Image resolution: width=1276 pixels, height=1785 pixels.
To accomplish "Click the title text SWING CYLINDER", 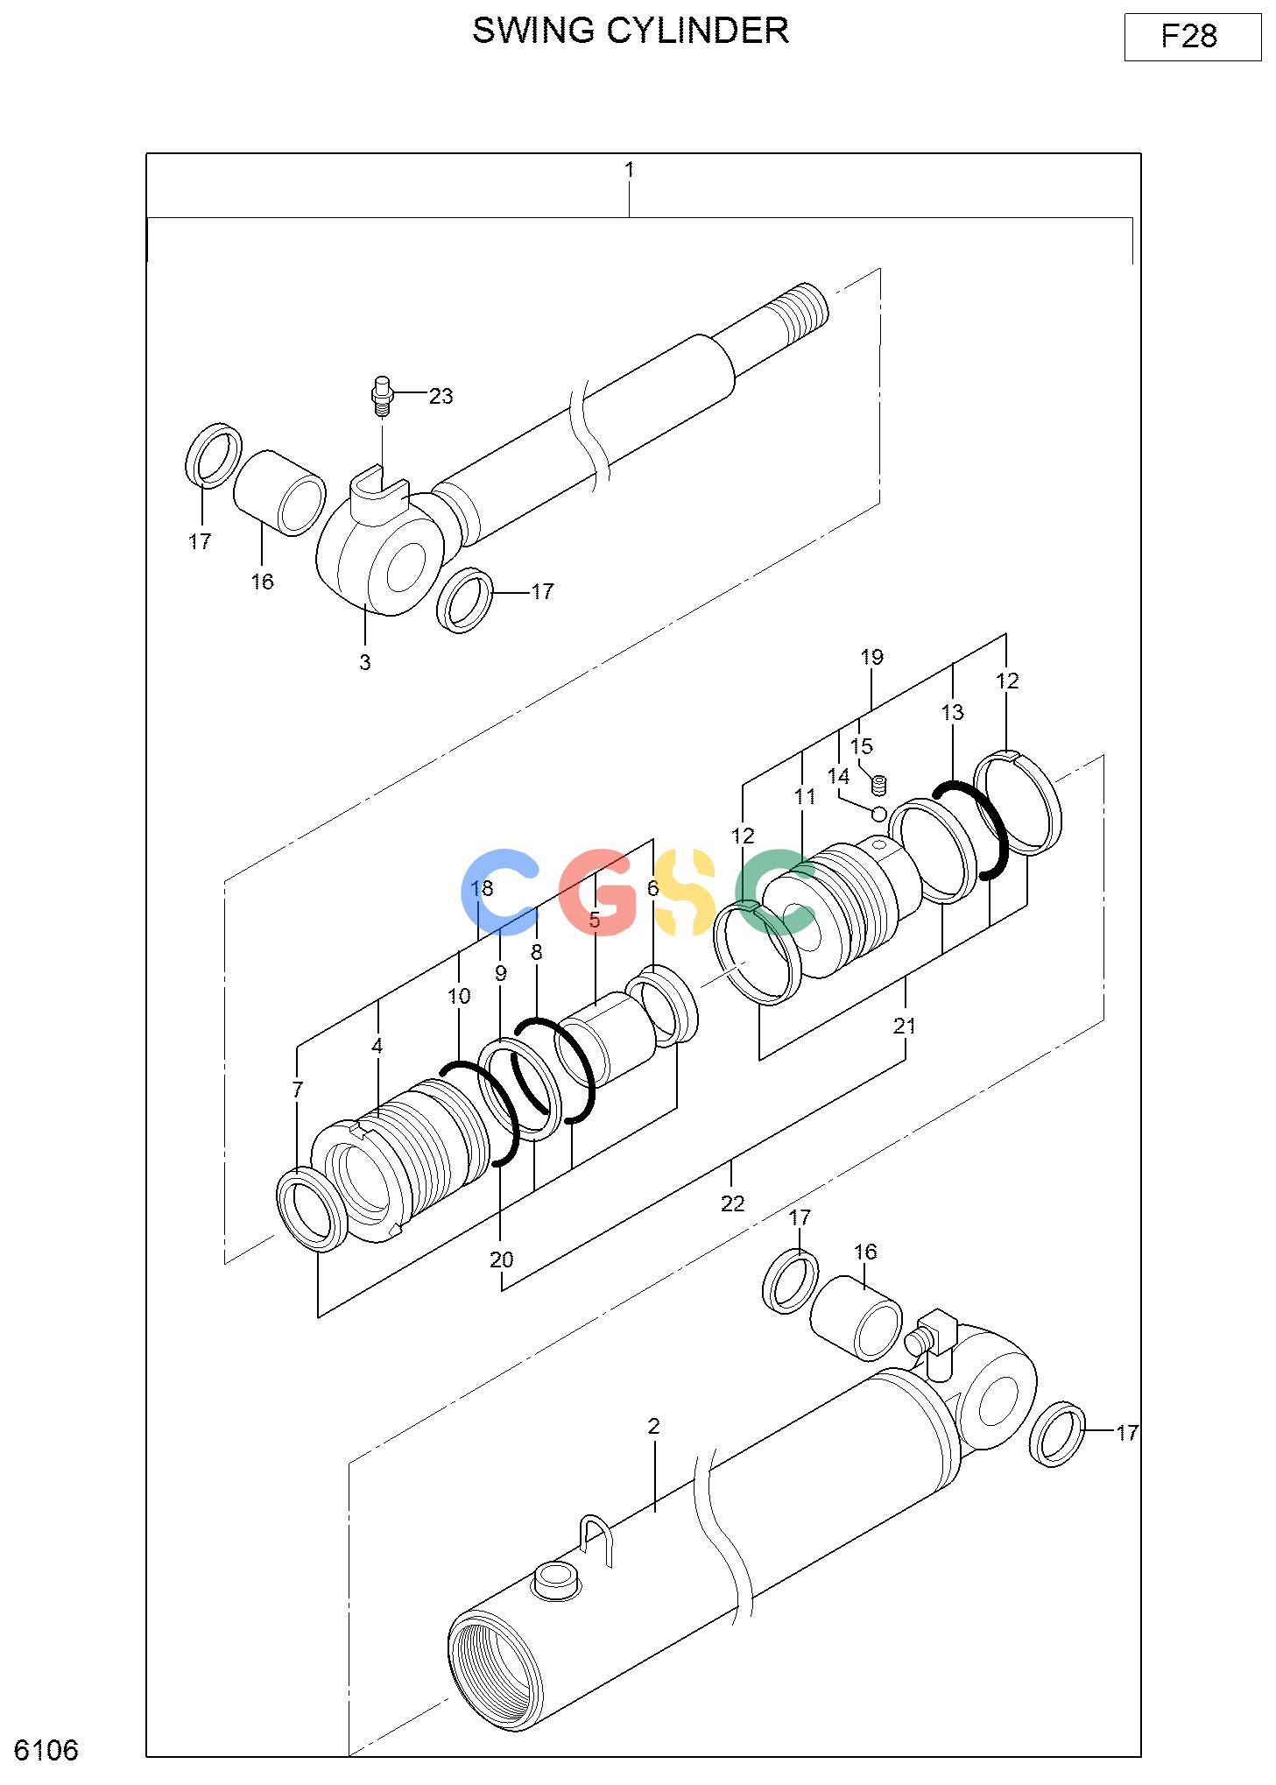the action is point(630,31).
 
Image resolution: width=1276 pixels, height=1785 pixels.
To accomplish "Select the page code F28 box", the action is point(1192,37).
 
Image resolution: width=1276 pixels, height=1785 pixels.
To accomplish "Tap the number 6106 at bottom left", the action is point(46,1750).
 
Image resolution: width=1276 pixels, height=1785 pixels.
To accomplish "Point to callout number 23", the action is point(441,396).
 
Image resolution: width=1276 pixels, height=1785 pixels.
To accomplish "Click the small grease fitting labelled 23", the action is point(381,398).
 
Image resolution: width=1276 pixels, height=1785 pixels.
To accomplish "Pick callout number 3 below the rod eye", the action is point(365,662).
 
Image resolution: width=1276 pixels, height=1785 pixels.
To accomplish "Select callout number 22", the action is point(732,1203).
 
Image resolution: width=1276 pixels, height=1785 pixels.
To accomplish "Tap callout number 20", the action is point(501,1259).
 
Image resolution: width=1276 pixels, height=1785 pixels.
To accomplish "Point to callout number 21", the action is point(905,1025).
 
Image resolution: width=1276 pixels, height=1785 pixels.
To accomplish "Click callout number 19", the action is point(871,657).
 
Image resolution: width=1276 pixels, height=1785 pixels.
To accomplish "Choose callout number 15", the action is point(862,746).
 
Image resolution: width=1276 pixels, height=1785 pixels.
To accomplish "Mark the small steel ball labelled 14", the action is point(879,814).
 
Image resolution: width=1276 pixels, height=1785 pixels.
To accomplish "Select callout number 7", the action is point(298,1090).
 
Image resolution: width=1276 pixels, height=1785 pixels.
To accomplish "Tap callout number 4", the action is point(377,1045).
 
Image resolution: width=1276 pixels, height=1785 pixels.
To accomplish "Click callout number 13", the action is point(953,712).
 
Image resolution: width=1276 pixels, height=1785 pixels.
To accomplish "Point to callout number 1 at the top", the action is point(629,169).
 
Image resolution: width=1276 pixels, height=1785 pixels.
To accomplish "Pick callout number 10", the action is point(459,996).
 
